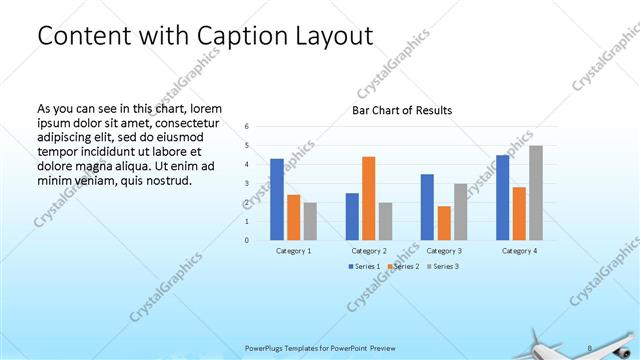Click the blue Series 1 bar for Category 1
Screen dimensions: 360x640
277,199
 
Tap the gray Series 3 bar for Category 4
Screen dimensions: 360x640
536,193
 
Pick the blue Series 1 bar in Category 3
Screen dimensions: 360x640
427,207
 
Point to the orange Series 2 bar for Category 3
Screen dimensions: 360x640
444,223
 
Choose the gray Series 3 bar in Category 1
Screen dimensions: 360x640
310,221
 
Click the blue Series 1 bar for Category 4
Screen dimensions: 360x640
503,197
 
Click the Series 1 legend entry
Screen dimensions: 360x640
366,266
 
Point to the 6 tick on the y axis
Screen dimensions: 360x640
247,126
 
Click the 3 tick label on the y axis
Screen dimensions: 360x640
247,183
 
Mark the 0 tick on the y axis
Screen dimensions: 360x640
247,240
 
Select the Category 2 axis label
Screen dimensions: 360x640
369,250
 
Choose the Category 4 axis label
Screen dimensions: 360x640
520,250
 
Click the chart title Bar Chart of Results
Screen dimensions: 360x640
402,110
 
